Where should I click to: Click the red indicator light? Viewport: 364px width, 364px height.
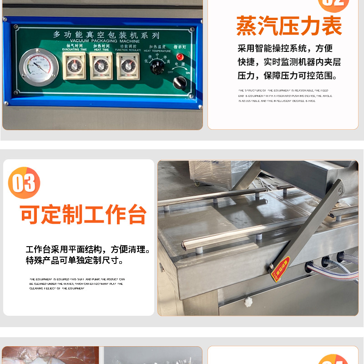pyautogui.click(x=180, y=57)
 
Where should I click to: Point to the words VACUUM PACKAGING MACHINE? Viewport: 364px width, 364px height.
pyautogui.click(x=106, y=41)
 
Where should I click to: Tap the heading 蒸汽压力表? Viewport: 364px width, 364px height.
pyautogui.click(x=289, y=26)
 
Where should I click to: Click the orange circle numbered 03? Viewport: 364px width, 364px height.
pyautogui.click(x=24, y=183)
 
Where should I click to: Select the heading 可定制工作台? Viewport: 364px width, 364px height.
pyautogui.click(x=83, y=214)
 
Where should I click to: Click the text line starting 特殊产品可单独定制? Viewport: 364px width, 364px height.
pyautogui.click(x=75, y=261)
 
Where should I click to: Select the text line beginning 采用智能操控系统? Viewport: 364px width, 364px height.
pyautogui.click(x=285, y=48)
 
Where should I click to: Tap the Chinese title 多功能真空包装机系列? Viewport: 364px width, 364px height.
pyautogui.click(x=106, y=35)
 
